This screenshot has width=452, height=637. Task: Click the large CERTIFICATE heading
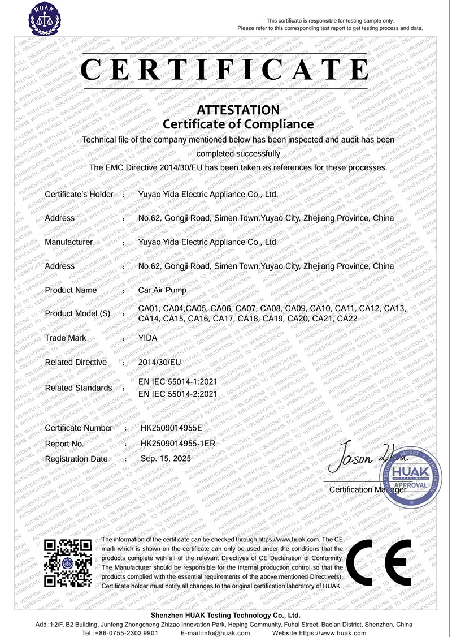coord(225,70)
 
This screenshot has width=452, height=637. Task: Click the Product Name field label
coord(71,290)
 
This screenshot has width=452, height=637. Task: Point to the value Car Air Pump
coord(162,290)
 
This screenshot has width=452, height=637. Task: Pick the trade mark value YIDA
coord(147,338)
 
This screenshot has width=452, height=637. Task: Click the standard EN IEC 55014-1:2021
coord(177,383)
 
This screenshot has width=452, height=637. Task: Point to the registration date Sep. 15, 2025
coord(166,459)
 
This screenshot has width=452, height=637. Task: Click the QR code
coord(68,563)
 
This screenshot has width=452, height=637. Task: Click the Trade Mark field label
coord(66,338)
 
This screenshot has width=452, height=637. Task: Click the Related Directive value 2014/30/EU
coord(160,362)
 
